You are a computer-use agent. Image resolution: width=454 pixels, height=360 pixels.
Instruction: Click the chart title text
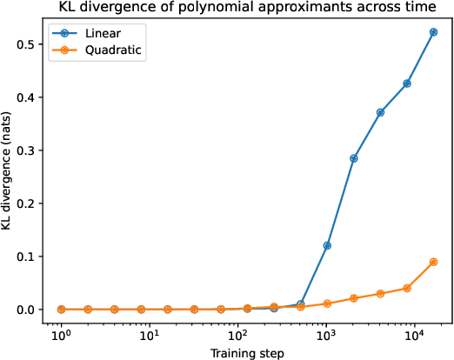(x=248, y=8)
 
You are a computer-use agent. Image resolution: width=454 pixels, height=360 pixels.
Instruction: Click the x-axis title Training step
(x=248, y=352)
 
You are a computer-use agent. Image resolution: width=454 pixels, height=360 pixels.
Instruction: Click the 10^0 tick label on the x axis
(x=61, y=335)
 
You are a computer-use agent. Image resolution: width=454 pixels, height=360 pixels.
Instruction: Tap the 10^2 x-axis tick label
(x=237, y=335)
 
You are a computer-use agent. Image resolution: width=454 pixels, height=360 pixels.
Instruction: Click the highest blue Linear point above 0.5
(x=433, y=32)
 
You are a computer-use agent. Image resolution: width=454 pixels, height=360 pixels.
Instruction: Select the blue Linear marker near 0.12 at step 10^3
(x=327, y=245)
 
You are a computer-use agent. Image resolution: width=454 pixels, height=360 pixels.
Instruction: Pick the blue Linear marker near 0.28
(x=354, y=158)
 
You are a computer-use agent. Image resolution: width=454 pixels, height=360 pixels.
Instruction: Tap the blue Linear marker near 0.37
(x=380, y=112)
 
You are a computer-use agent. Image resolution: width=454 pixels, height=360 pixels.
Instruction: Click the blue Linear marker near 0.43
(x=407, y=83)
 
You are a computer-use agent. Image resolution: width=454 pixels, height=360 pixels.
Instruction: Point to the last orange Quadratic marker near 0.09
(x=433, y=262)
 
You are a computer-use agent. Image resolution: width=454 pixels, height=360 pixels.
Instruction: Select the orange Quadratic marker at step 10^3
(x=327, y=303)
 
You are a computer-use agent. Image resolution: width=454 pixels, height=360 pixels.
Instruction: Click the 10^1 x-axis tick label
(x=149, y=335)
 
